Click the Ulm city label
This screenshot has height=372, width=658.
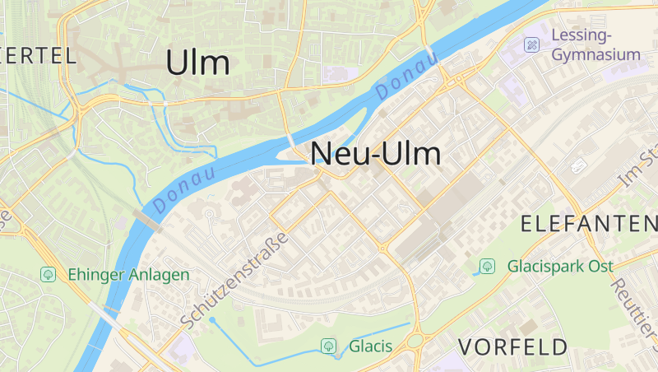tap(197, 63)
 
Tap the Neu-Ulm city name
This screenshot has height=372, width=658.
tap(375, 154)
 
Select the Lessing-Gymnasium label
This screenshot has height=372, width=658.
tap(595, 44)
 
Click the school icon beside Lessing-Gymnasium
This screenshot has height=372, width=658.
tap(532, 44)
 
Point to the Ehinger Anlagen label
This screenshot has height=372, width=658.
tap(128, 274)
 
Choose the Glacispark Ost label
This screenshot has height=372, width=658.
tap(561, 266)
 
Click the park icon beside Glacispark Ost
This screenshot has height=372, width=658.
tap(488, 266)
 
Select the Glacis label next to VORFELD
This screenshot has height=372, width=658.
tap(370, 346)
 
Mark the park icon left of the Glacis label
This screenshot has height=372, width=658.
tap(329, 346)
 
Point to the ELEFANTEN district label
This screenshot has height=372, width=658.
tap(589, 223)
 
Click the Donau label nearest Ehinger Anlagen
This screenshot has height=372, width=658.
tap(183, 188)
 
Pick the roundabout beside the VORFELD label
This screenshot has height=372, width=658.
tap(415, 340)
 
